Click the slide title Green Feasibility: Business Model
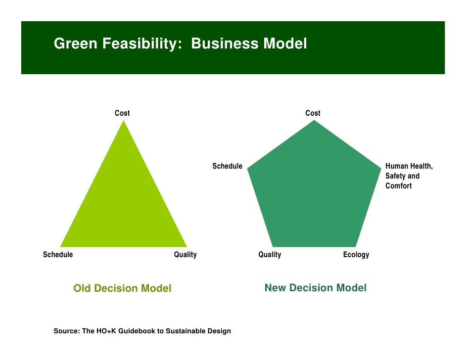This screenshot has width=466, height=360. [180, 44]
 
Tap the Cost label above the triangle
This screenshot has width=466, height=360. [122, 113]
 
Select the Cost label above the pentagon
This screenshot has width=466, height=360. [313, 113]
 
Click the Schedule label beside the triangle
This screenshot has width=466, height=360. [58, 255]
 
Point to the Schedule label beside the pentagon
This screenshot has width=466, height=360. [227, 166]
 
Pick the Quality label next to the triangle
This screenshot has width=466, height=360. [185, 255]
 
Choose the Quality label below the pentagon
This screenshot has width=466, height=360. [270, 255]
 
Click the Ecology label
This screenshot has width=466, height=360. [356, 255]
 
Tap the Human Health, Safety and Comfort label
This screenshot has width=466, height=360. [409, 176]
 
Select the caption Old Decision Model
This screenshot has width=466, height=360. [122, 288]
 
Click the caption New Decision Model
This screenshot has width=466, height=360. [316, 288]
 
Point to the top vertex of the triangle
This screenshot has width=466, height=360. [123, 121]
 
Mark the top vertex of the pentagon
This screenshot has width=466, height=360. [314, 121]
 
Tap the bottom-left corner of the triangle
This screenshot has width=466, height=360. [61, 246]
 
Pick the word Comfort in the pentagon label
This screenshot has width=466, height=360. [398, 186]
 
